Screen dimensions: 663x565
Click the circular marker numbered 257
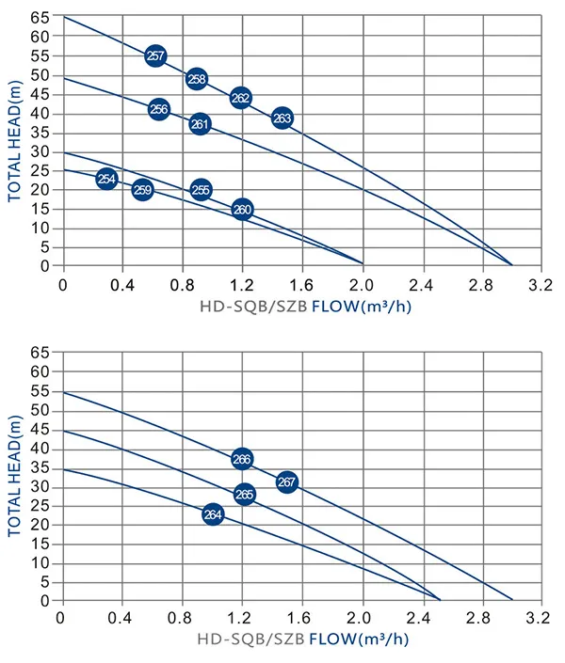coord(156,55)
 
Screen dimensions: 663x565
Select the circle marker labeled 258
coord(196,79)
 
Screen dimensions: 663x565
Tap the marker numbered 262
coord(240,98)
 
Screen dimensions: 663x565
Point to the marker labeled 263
coord(282,118)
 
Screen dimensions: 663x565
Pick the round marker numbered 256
coord(159,109)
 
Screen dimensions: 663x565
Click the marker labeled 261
coord(200,123)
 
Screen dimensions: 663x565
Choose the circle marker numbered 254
coord(106,179)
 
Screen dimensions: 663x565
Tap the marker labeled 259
coord(142,190)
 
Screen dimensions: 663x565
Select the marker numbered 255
coord(201,189)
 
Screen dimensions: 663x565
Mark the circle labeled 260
coord(242,210)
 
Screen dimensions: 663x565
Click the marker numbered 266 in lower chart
coord(242,459)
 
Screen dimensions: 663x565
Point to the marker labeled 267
coord(287,481)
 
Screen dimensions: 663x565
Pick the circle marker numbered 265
coord(245,494)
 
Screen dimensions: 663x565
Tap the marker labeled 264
coord(213,514)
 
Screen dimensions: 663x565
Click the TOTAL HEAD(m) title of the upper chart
coord(15,141)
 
